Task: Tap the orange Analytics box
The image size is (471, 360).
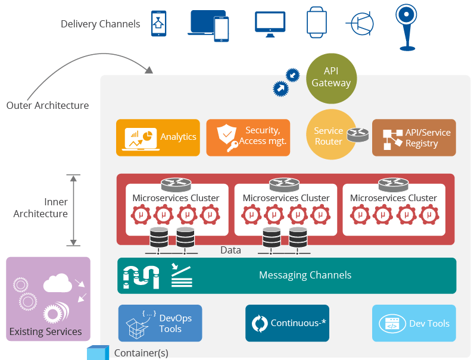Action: pos(158,137)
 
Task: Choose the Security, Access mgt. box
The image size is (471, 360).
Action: pos(248,137)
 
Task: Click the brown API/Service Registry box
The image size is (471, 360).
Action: pos(414,137)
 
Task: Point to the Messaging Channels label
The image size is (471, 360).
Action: pos(305,275)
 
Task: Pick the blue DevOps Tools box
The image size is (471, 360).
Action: pos(160,323)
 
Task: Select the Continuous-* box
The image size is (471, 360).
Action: pos(287,323)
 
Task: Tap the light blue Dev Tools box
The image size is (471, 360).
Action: pos(414,323)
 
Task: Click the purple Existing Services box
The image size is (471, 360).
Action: pos(48,299)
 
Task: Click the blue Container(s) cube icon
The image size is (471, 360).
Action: pos(98,353)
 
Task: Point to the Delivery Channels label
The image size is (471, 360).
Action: pos(101,24)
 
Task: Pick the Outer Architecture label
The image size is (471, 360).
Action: pos(48,106)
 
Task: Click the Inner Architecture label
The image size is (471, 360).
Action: pos(40,208)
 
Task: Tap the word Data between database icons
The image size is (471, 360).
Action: pos(230,250)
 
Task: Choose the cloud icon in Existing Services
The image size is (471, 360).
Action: pos(57,283)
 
